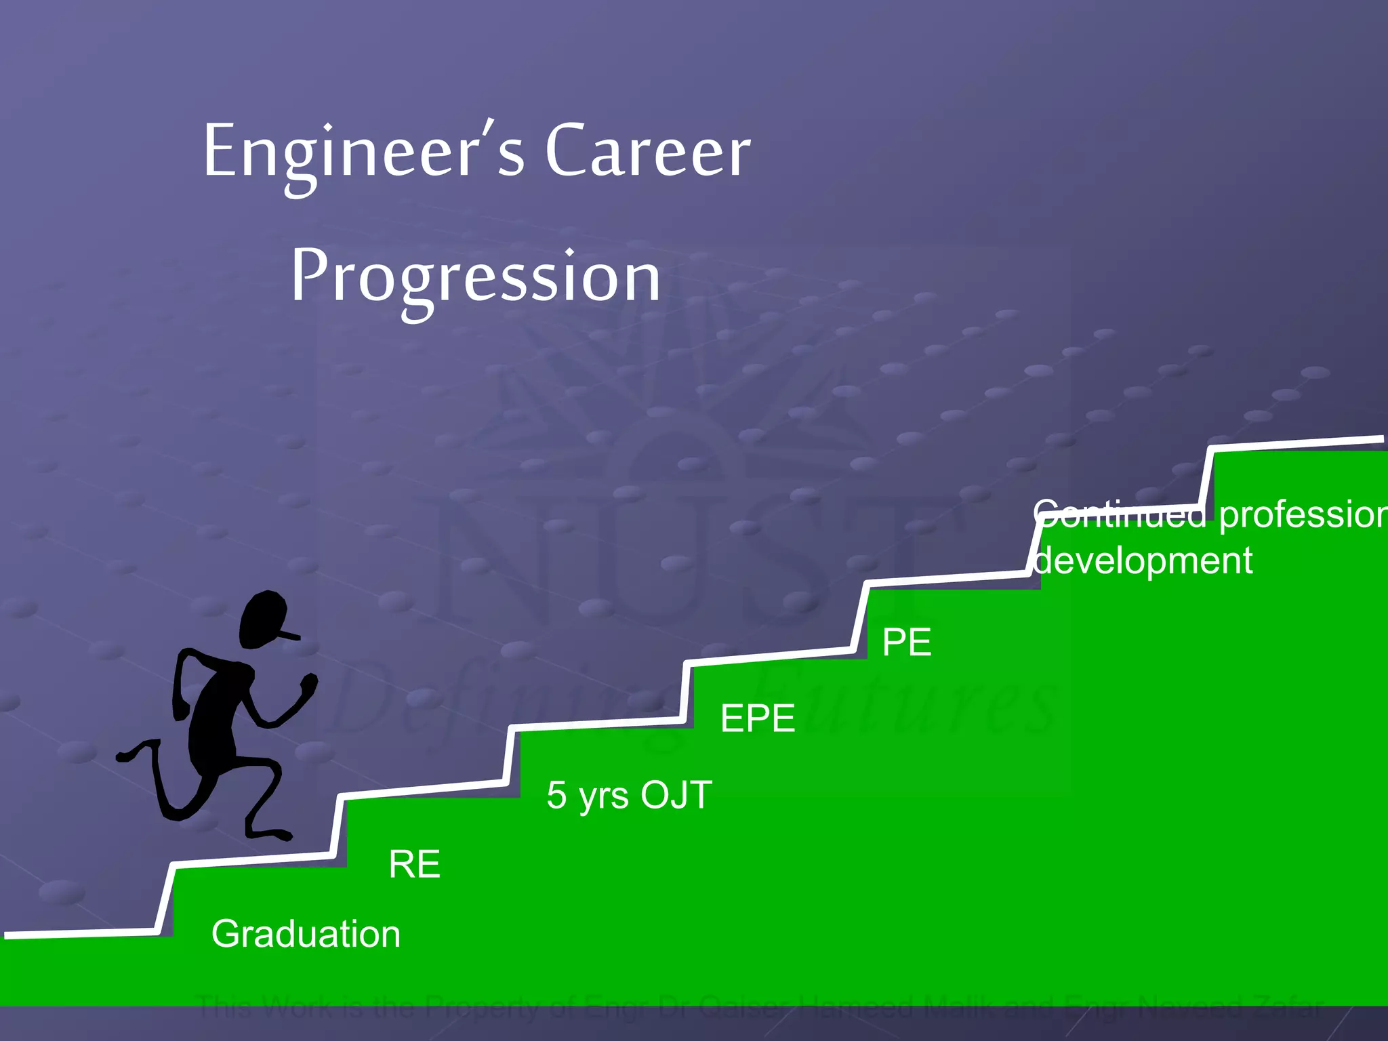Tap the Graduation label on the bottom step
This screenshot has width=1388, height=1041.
tap(306, 934)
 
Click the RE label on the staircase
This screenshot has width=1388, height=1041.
tap(414, 864)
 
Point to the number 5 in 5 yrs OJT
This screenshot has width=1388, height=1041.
tap(556, 795)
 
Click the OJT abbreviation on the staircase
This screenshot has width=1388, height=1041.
tap(676, 794)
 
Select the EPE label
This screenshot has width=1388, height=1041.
tap(757, 718)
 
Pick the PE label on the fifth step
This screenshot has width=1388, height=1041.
tap(906, 642)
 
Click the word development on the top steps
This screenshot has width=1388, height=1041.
tap(1143, 560)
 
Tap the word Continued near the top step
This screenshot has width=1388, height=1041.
tap(1120, 514)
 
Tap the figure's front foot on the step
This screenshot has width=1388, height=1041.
tap(271, 834)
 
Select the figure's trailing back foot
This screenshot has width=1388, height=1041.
tap(129, 754)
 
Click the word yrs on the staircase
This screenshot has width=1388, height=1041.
tap(604, 796)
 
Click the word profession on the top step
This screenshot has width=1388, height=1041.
tap(1301, 515)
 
